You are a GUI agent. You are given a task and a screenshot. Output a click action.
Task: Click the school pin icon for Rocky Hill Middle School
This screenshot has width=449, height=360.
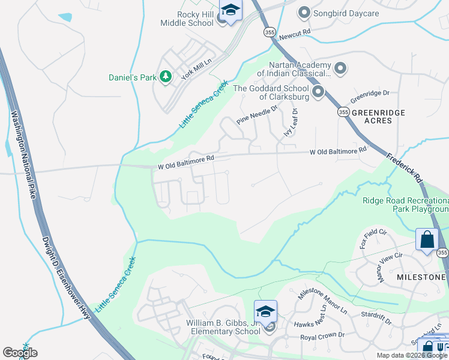click(230, 11)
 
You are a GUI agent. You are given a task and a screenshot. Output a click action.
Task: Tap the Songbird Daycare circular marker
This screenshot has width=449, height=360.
click(304, 12)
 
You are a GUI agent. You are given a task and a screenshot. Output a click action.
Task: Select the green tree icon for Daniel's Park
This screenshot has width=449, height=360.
click(166, 77)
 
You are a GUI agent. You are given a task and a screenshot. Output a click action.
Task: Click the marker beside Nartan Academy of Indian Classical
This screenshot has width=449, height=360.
click(340, 68)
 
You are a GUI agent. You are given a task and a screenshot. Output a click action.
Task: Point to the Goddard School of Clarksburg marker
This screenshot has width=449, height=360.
click(318, 92)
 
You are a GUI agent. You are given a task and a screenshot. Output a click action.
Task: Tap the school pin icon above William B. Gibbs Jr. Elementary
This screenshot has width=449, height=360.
click(265, 311)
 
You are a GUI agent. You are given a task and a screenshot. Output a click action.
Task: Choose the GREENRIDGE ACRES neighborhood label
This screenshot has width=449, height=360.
click(379, 116)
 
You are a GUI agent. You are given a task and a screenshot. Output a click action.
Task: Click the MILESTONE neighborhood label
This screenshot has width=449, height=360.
click(421, 277)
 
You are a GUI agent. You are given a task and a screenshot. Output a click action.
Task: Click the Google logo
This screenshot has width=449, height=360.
click(20, 353)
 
